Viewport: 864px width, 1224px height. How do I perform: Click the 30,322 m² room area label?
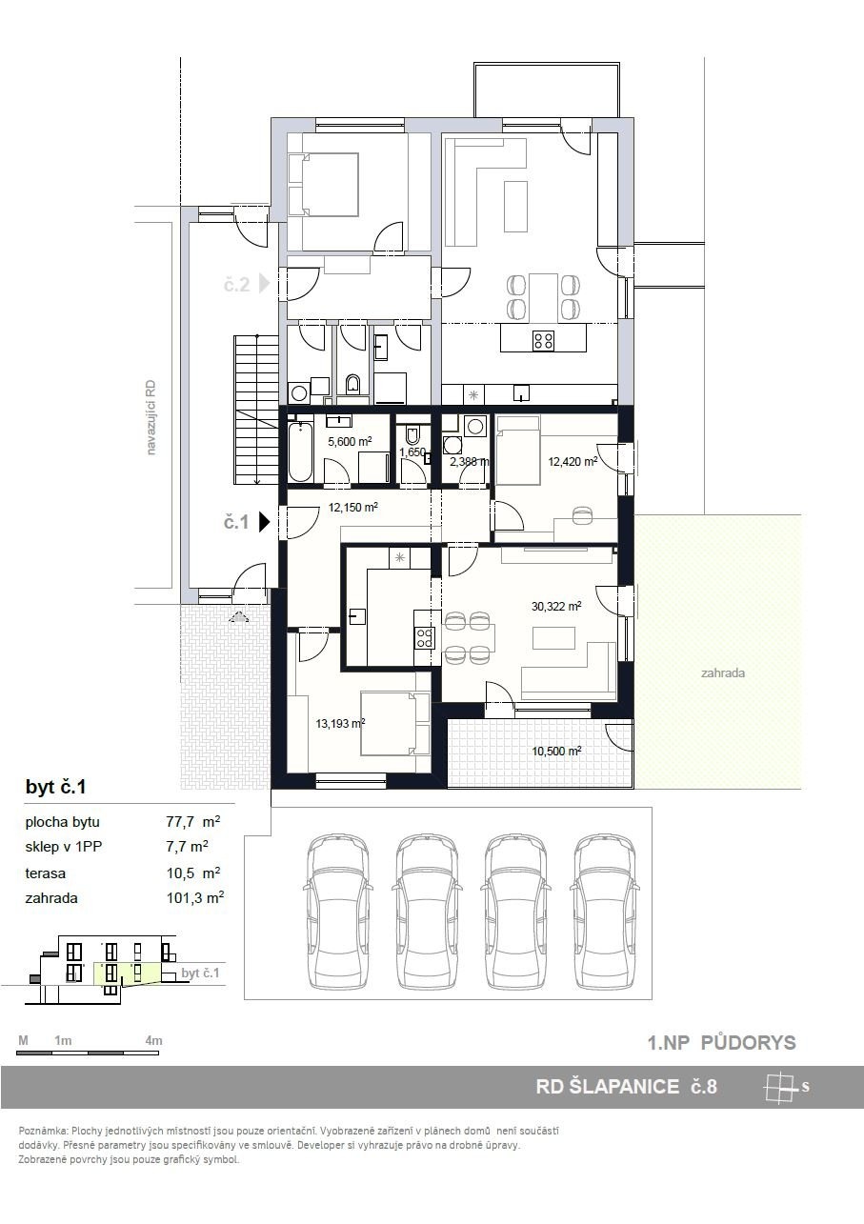[x=556, y=606]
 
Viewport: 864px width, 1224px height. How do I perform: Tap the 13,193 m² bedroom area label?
[x=340, y=724]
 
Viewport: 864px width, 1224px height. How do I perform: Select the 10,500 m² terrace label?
[x=556, y=751]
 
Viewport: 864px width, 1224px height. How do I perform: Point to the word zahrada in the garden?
[x=723, y=673]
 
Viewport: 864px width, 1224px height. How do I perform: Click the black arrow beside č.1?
[x=265, y=521]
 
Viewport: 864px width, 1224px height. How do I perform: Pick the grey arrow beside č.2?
[x=265, y=284]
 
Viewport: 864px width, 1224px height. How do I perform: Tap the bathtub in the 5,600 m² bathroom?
[x=301, y=451]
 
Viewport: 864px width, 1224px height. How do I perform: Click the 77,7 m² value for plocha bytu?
[x=193, y=821]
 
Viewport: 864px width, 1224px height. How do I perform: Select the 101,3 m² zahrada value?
[x=195, y=898]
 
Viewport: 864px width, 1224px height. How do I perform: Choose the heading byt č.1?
[x=56, y=787]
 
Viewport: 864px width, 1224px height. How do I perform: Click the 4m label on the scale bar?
[x=154, y=1040]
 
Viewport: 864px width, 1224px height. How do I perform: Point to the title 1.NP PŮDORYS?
[x=721, y=1043]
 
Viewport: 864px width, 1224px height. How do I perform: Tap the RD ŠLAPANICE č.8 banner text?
[x=626, y=1086]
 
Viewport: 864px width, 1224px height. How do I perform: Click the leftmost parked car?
[x=338, y=912]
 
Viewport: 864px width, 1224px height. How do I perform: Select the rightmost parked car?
[x=603, y=912]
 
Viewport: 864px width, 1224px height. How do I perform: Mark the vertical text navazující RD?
[x=151, y=417]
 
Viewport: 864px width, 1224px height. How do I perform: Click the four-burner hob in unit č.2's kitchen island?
[x=543, y=340]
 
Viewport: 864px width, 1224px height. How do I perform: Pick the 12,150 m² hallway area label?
[x=353, y=508]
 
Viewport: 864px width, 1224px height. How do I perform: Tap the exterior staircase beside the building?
[x=256, y=410]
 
